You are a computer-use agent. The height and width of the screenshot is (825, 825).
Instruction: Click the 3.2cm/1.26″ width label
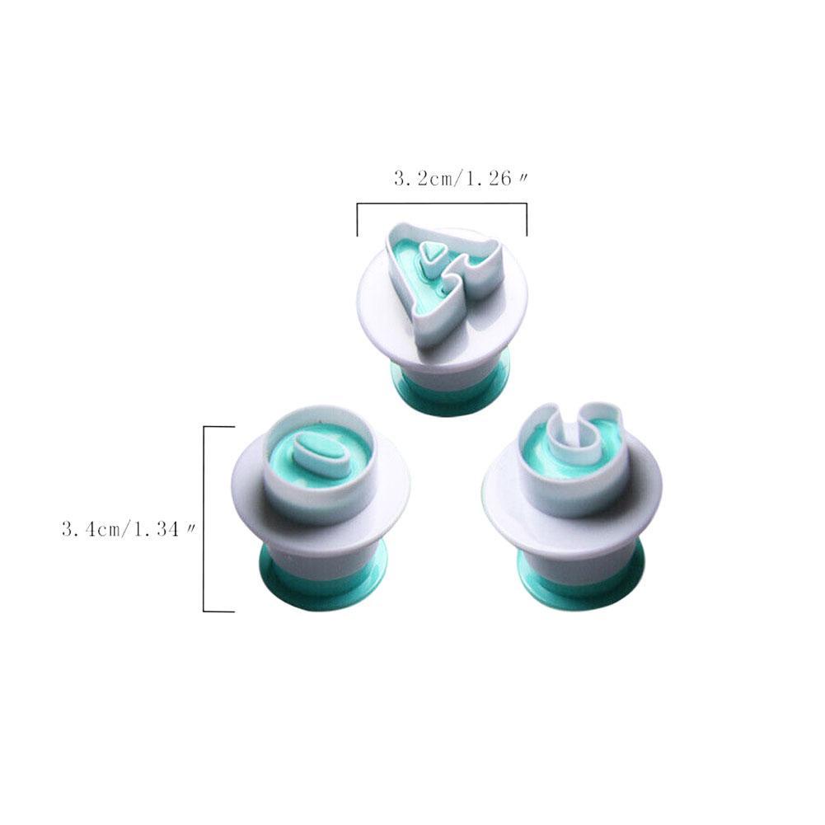pyautogui.click(x=461, y=179)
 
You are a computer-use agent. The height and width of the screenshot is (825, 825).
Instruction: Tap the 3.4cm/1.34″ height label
pyautogui.click(x=129, y=529)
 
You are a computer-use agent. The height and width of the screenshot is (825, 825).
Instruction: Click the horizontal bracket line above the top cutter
pyautogui.click(x=442, y=203)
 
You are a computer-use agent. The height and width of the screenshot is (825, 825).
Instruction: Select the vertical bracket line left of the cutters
pyautogui.click(x=204, y=518)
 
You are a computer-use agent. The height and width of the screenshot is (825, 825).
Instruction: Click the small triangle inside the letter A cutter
pyautogui.click(x=433, y=252)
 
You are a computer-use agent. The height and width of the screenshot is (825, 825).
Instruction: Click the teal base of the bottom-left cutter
pyautogui.click(x=324, y=579)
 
